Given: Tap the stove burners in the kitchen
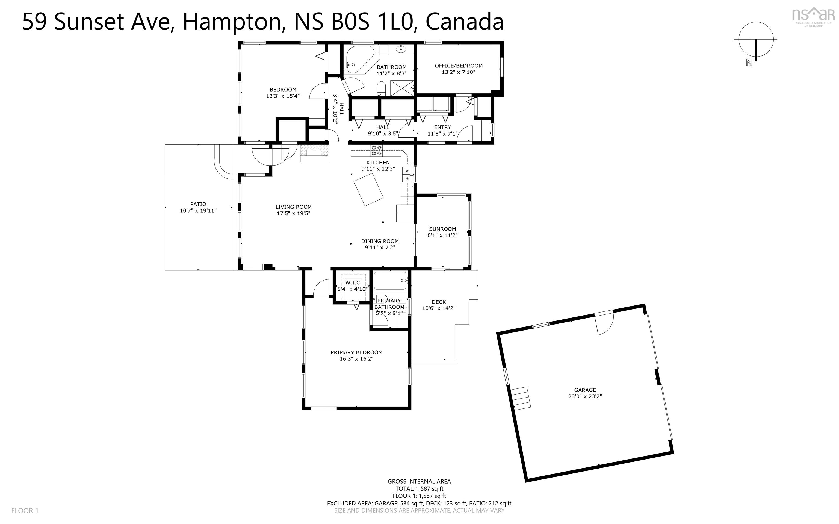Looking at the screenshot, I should pos(377,151).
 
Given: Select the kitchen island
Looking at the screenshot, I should pos(368,190).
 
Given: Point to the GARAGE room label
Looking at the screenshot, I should pos(585,390).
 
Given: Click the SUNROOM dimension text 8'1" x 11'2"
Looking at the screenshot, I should pos(442,235).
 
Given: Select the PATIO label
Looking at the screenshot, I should pos(198,204).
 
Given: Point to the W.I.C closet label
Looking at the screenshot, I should pos(353,283).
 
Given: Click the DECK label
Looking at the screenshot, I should pos(439,302).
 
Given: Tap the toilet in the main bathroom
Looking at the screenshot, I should pos(381,88).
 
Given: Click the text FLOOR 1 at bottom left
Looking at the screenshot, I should pos(25,511).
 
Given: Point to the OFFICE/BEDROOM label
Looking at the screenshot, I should pos(459,66).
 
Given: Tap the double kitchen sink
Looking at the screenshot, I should pos(407,174).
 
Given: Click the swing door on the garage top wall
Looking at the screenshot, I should pos(604,322).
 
